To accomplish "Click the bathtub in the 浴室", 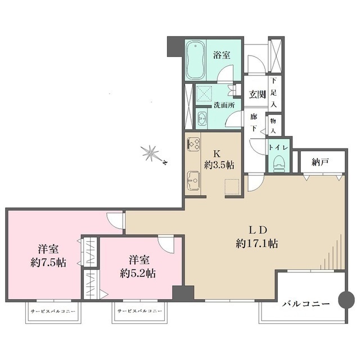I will pos(196,60).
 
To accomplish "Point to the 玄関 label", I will pos(257,94).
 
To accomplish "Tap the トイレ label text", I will pos(278,147).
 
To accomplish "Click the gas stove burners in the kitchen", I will pos(192,145).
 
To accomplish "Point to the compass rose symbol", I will pos(151,152).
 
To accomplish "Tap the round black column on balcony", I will pos(346,299).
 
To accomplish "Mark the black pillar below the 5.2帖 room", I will pos(183,294).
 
